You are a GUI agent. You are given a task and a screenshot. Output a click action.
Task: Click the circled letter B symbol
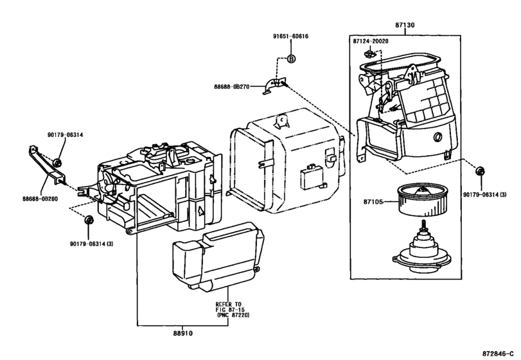point(290,59)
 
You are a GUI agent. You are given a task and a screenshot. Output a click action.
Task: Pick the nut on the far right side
point(480,171)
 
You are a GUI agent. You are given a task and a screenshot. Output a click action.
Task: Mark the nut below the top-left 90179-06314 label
point(57,161)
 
